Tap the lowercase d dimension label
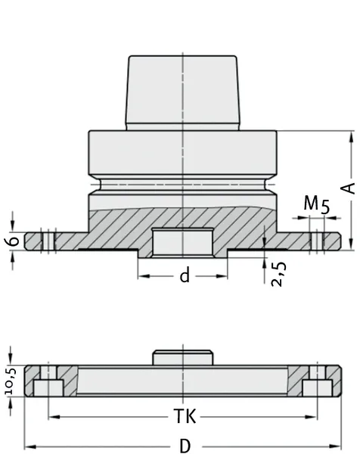click(x=184, y=276)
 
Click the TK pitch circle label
click(x=183, y=417)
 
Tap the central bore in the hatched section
click(x=182, y=241)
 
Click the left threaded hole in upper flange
click(x=48, y=240)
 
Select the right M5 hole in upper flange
click(x=317, y=240)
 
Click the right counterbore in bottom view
click(x=318, y=387)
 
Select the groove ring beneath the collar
click(x=182, y=184)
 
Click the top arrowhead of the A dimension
click(x=352, y=137)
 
